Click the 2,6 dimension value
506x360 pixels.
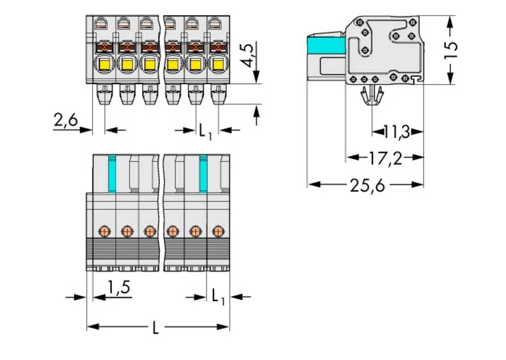pos(65,120)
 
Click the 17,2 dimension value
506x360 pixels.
pos(385,158)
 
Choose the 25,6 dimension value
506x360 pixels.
pos(367,186)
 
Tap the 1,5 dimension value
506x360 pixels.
pos(119,288)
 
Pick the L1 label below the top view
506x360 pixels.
pos(218,296)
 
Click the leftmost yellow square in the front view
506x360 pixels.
pos(105,65)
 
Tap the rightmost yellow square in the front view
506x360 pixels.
pos(218,65)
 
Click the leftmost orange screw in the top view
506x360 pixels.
pos(104,231)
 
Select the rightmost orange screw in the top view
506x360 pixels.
pos(218,231)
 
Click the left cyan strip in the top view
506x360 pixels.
pos(112,173)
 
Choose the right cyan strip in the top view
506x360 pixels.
pos(203,173)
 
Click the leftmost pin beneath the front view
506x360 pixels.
pos(105,95)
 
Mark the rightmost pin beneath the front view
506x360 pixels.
pos(218,95)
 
